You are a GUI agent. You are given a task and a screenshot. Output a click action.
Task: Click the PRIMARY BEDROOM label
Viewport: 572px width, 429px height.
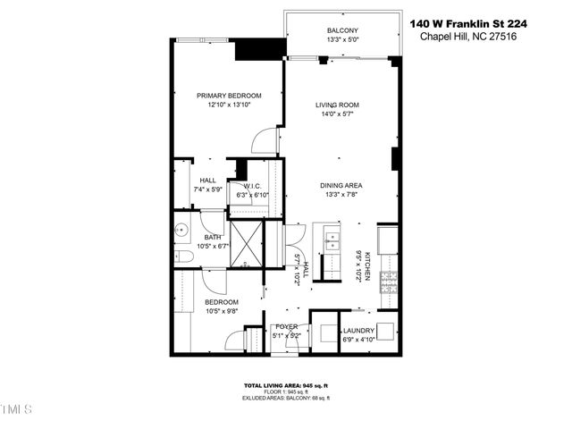229,96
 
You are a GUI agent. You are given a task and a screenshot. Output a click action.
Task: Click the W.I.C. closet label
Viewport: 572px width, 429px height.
253,186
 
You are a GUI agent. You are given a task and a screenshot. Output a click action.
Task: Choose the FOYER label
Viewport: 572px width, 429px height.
286,326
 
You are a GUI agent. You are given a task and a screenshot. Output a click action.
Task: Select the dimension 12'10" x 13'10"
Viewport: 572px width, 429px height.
229,105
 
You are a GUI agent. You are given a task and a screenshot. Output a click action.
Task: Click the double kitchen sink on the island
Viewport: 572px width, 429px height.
332,241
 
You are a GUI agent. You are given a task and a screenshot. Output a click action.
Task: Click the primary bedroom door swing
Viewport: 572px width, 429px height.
265,139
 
